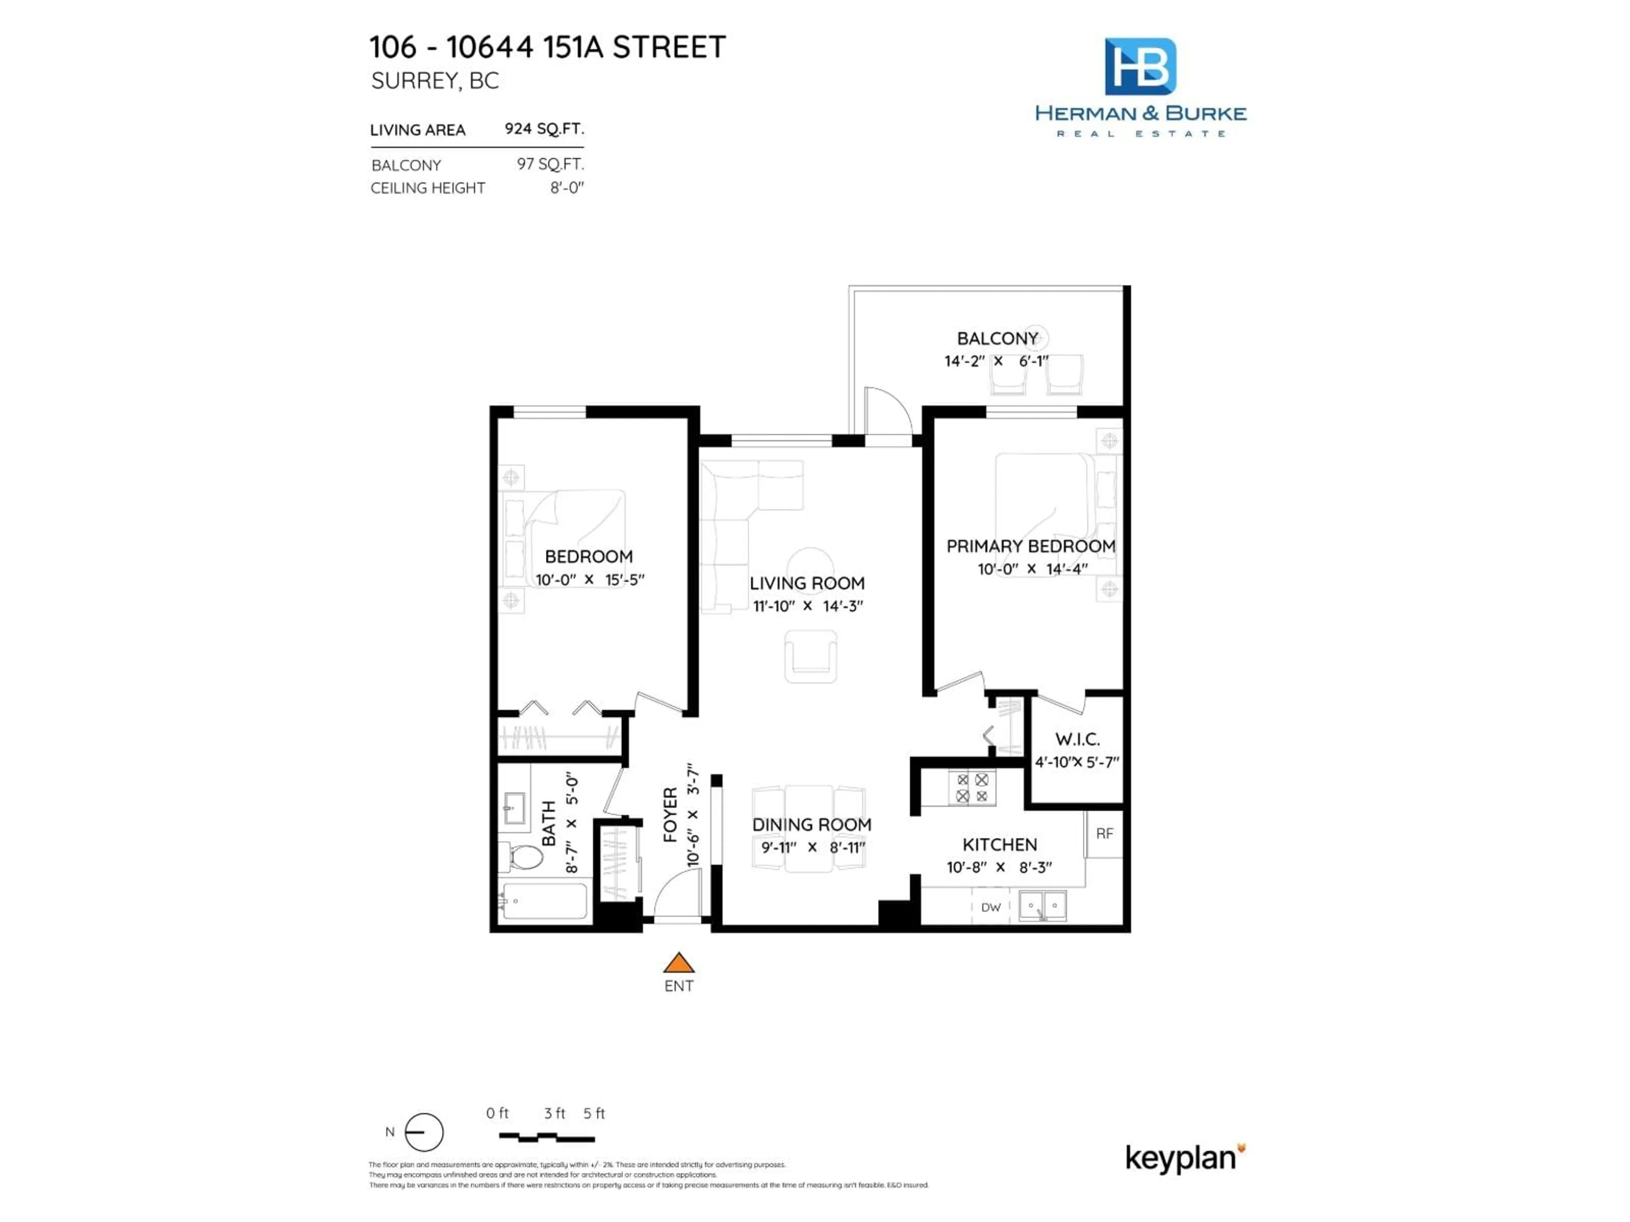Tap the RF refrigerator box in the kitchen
coord(1104,834)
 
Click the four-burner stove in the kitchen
coord(971,788)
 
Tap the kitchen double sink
coord(1042,906)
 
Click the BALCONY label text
coord(997,339)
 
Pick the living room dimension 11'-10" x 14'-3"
coord(808,606)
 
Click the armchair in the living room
coord(811,656)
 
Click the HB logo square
coord(1140,66)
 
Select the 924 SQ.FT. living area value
coord(544,129)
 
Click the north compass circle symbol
coord(424,1132)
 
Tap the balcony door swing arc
coord(889,414)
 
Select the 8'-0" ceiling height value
coord(567,188)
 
